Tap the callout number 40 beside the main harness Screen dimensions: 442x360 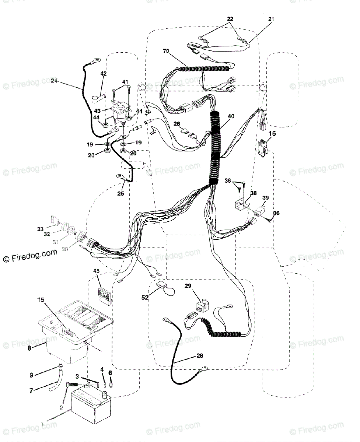click(x=231, y=116)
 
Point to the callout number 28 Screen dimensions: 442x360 click(x=199, y=356)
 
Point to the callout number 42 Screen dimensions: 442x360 click(x=104, y=74)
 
